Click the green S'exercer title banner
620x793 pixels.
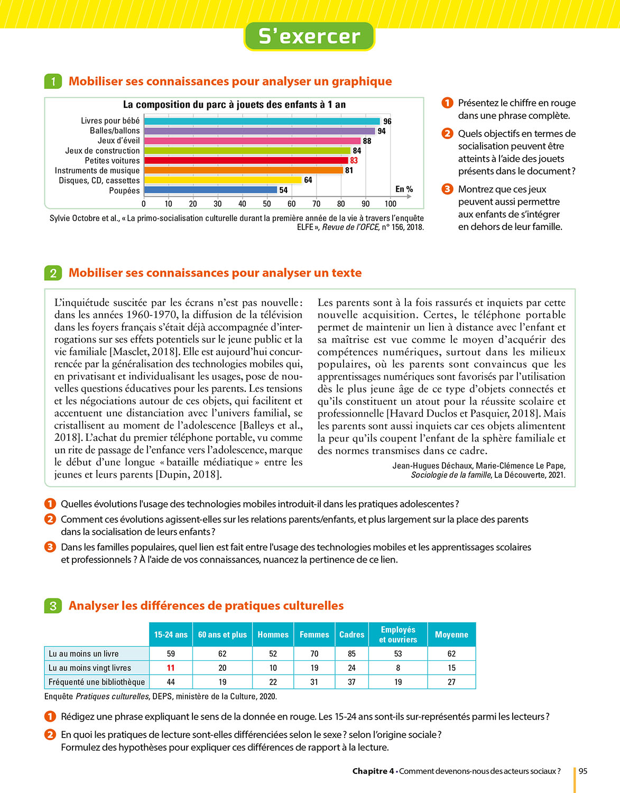(309, 36)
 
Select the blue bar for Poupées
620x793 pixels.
(210, 190)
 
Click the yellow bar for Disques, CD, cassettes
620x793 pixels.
(223, 180)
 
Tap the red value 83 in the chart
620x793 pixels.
(354, 160)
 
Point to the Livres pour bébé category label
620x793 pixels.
(110, 121)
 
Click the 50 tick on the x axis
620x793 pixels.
(267, 204)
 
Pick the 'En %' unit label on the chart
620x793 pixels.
(404, 189)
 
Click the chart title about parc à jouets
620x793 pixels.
(234, 105)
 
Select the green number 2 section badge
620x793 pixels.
(53, 273)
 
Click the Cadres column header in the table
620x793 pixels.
(351, 634)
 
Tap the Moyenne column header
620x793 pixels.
(451, 634)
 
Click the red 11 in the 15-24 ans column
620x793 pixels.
(171, 668)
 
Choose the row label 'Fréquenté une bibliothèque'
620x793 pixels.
(97, 682)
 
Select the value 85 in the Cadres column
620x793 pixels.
(351, 653)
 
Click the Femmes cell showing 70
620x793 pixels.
(314, 653)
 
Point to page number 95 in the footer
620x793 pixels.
(583, 771)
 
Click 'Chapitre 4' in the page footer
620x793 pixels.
(373, 771)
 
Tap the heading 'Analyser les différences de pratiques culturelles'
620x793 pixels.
(206, 606)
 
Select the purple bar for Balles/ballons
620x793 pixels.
(259, 131)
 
